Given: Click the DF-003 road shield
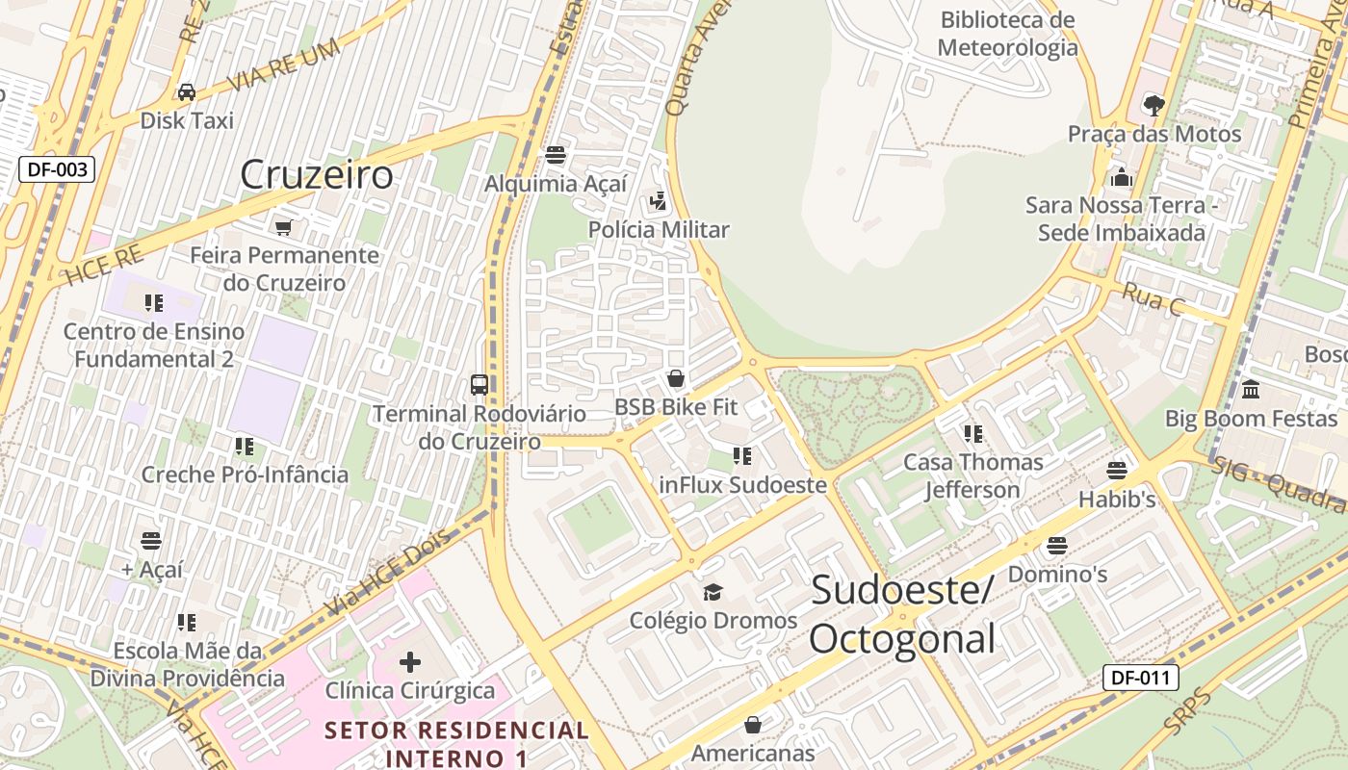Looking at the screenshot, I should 58,170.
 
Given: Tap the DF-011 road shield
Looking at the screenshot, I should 1140,678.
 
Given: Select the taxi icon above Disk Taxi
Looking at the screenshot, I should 186,92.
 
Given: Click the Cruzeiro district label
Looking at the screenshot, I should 316,175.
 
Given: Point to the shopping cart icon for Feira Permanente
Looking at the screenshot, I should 283,227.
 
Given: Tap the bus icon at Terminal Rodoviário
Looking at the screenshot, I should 479,385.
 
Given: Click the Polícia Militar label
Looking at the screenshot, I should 660,230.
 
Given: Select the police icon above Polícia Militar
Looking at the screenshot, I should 659,201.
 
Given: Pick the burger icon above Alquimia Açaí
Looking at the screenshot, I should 555,154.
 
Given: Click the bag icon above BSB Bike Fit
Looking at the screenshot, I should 676,378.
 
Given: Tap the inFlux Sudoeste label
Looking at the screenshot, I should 742,484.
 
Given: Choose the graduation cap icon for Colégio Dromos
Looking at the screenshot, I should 713,592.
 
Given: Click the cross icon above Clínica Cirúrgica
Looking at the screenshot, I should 410,662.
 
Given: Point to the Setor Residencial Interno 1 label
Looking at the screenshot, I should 456,743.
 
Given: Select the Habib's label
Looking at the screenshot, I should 1117,500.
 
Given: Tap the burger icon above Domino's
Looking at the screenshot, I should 1057,546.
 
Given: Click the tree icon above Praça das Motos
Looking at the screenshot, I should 1154,105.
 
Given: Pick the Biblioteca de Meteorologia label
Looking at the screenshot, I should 1007,34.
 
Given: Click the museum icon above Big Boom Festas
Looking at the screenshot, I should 1251,390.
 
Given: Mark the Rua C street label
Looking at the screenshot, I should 1153,299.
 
